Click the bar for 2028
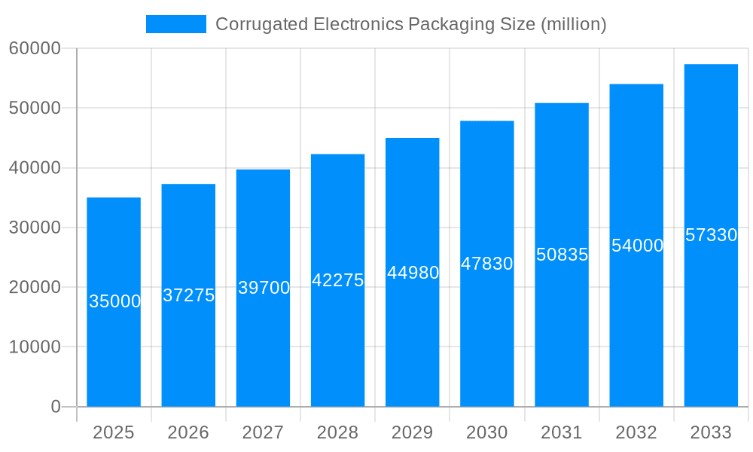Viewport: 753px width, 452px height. coord(337,339)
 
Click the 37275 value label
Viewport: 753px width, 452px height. coord(189,295)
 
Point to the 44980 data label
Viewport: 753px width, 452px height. coord(413,273)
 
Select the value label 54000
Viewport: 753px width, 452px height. coord(637,246)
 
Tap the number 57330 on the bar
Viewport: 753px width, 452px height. coord(711,235)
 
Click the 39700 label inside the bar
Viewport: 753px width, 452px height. coord(264,288)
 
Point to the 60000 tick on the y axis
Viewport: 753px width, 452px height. coord(35,48)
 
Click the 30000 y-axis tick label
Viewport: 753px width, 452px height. coord(35,228)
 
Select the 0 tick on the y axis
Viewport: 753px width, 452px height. coord(55,407)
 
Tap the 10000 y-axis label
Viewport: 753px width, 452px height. coord(35,347)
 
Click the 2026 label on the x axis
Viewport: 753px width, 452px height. coord(188,432)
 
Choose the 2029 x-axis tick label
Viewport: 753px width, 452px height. coord(413,432)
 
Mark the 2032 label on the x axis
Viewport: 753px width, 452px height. coord(636,432)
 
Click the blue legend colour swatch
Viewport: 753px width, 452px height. coord(175,24)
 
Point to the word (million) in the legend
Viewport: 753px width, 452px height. coord(573,24)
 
